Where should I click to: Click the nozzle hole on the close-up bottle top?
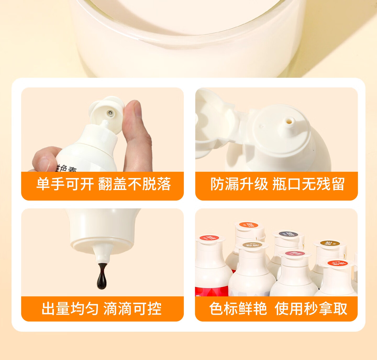click(289, 121)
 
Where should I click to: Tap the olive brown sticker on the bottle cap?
click(329, 243)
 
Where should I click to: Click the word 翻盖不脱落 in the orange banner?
click(135, 184)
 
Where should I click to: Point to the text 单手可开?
click(65, 184)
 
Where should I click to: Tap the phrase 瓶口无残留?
click(308, 184)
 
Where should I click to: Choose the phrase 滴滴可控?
click(132, 309)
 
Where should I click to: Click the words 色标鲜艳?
click(238, 309)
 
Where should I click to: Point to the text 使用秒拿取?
click(311, 309)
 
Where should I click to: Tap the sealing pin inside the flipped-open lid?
click(110, 113)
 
